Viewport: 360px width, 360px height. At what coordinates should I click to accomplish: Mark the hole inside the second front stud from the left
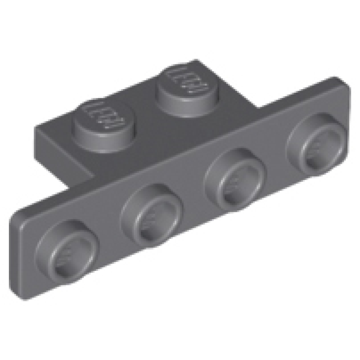[x=153, y=215]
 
